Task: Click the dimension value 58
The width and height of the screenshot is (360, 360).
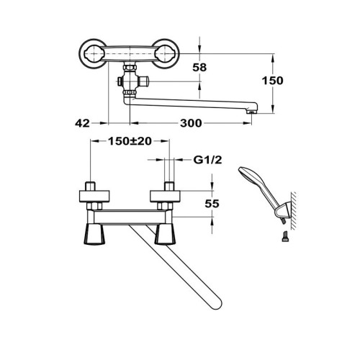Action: click(199, 68)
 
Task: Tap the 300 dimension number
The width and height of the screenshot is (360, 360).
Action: click(191, 123)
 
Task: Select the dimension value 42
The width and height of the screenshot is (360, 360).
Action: click(82, 123)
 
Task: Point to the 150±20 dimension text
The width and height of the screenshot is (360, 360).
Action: click(130, 141)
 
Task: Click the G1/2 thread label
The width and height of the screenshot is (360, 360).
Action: click(208, 160)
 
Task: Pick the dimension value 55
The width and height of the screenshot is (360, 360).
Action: click(212, 204)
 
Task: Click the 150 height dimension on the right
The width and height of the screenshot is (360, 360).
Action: click(272, 81)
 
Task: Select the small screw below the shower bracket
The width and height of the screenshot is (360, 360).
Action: click(284, 236)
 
